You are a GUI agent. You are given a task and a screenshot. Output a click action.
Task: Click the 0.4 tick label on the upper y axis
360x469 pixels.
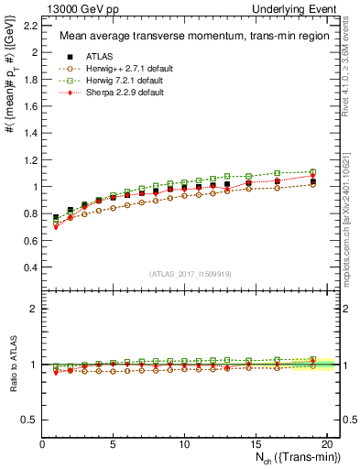pyautogui.click(x=29, y=267)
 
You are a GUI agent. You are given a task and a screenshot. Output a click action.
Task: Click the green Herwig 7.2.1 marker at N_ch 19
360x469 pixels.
pyautogui.click(x=311, y=172)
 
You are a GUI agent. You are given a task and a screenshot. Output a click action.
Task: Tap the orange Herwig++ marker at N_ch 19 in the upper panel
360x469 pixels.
pyautogui.click(x=311, y=184)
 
